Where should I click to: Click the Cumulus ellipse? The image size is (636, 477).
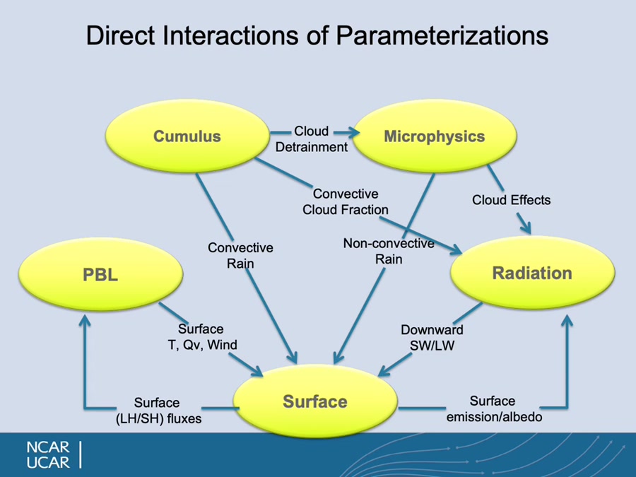coord(187,136)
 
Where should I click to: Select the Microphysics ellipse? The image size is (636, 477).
coord(434,136)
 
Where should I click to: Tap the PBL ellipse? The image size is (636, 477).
coord(100,274)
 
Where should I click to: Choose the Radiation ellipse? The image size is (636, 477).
coord(532,273)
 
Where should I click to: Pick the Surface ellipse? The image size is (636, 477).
coord(314,401)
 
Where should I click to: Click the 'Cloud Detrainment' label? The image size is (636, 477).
coord(312,139)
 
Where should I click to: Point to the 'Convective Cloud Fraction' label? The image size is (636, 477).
coord(346,201)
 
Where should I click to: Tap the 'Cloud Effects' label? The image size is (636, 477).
coord(511,200)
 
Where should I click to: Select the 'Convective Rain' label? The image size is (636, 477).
coord(240,255)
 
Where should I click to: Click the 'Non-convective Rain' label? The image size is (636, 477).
coord(389,251)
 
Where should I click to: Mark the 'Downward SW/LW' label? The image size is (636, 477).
coord(432,337)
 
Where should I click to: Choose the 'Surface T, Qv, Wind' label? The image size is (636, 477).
coord(201,336)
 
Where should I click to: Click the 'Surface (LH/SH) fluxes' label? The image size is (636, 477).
coord(158,411)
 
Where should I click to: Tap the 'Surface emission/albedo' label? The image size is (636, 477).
coord(493,409)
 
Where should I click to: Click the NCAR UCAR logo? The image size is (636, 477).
coord(48,455)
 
